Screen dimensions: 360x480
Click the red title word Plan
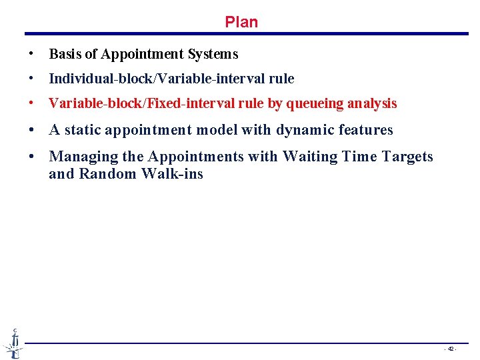tap(241, 22)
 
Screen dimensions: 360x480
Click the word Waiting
tap(308, 157)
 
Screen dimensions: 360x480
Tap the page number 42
tap(451, 349)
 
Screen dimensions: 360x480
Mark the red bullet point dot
tap(32, 103)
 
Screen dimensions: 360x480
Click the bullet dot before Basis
tap(32, 54)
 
